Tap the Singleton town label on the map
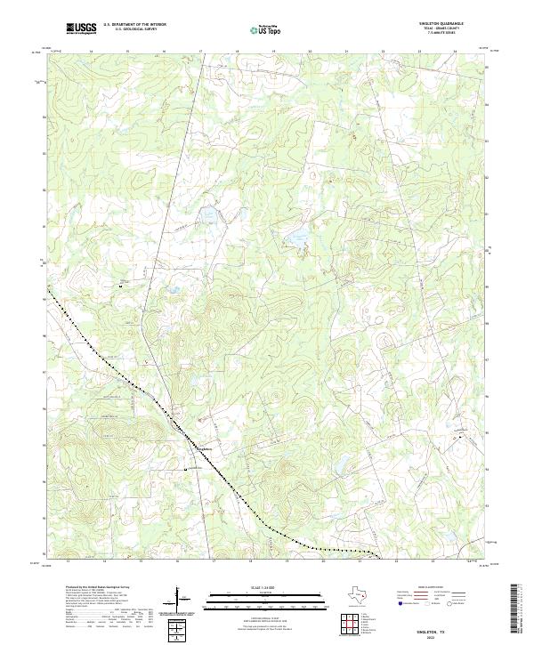pyautogui.click(x=204, y=448)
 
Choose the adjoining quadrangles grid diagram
pyautogui.click(x=348, y=625)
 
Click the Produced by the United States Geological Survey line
pyautogui.click(x=98, y=588)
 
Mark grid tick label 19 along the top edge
pyautogui.click(x=274, y=52)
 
